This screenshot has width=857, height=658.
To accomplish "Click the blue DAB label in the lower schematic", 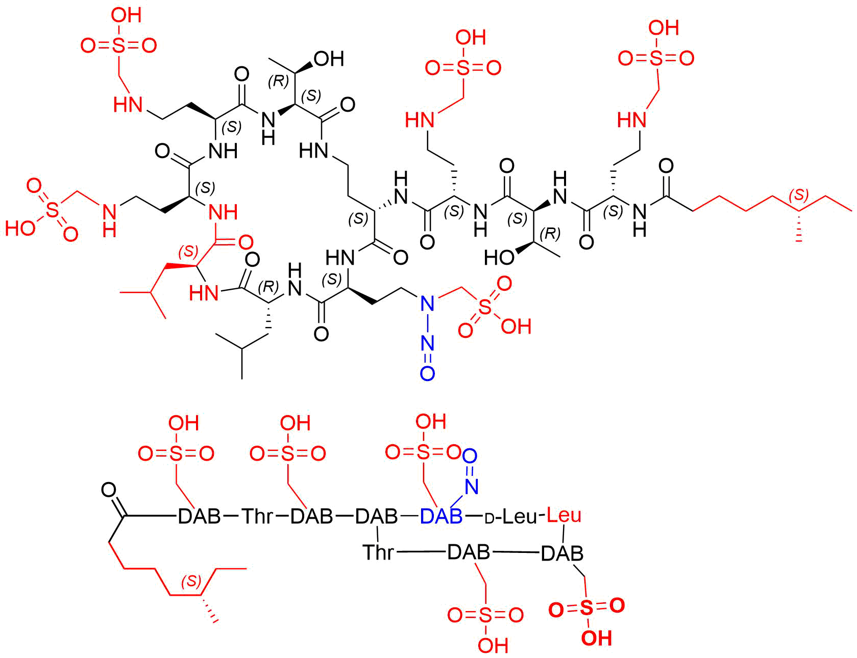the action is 441,516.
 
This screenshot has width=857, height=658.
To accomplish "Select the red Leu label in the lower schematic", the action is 564,515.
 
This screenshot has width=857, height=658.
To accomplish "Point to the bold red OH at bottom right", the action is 596,638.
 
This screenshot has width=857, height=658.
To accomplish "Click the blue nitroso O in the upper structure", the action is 427,374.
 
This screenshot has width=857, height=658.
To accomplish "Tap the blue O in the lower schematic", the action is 471,455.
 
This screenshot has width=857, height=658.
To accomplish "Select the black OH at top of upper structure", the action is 329,59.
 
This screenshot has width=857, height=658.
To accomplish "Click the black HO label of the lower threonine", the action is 499,258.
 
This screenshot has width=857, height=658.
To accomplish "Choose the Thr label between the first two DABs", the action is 258,516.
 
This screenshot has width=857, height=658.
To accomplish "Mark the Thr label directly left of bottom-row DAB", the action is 378,552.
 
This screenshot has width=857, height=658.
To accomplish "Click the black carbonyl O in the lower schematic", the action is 109,490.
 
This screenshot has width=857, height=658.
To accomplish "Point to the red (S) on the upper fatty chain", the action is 799,194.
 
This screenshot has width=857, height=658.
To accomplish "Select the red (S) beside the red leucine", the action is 188,251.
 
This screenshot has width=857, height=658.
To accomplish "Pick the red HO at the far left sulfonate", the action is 20,227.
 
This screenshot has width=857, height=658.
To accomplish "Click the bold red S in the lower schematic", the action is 587,608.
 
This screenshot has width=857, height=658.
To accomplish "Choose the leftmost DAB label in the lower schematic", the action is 199,516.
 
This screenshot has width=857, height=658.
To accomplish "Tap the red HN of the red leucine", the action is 204,293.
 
